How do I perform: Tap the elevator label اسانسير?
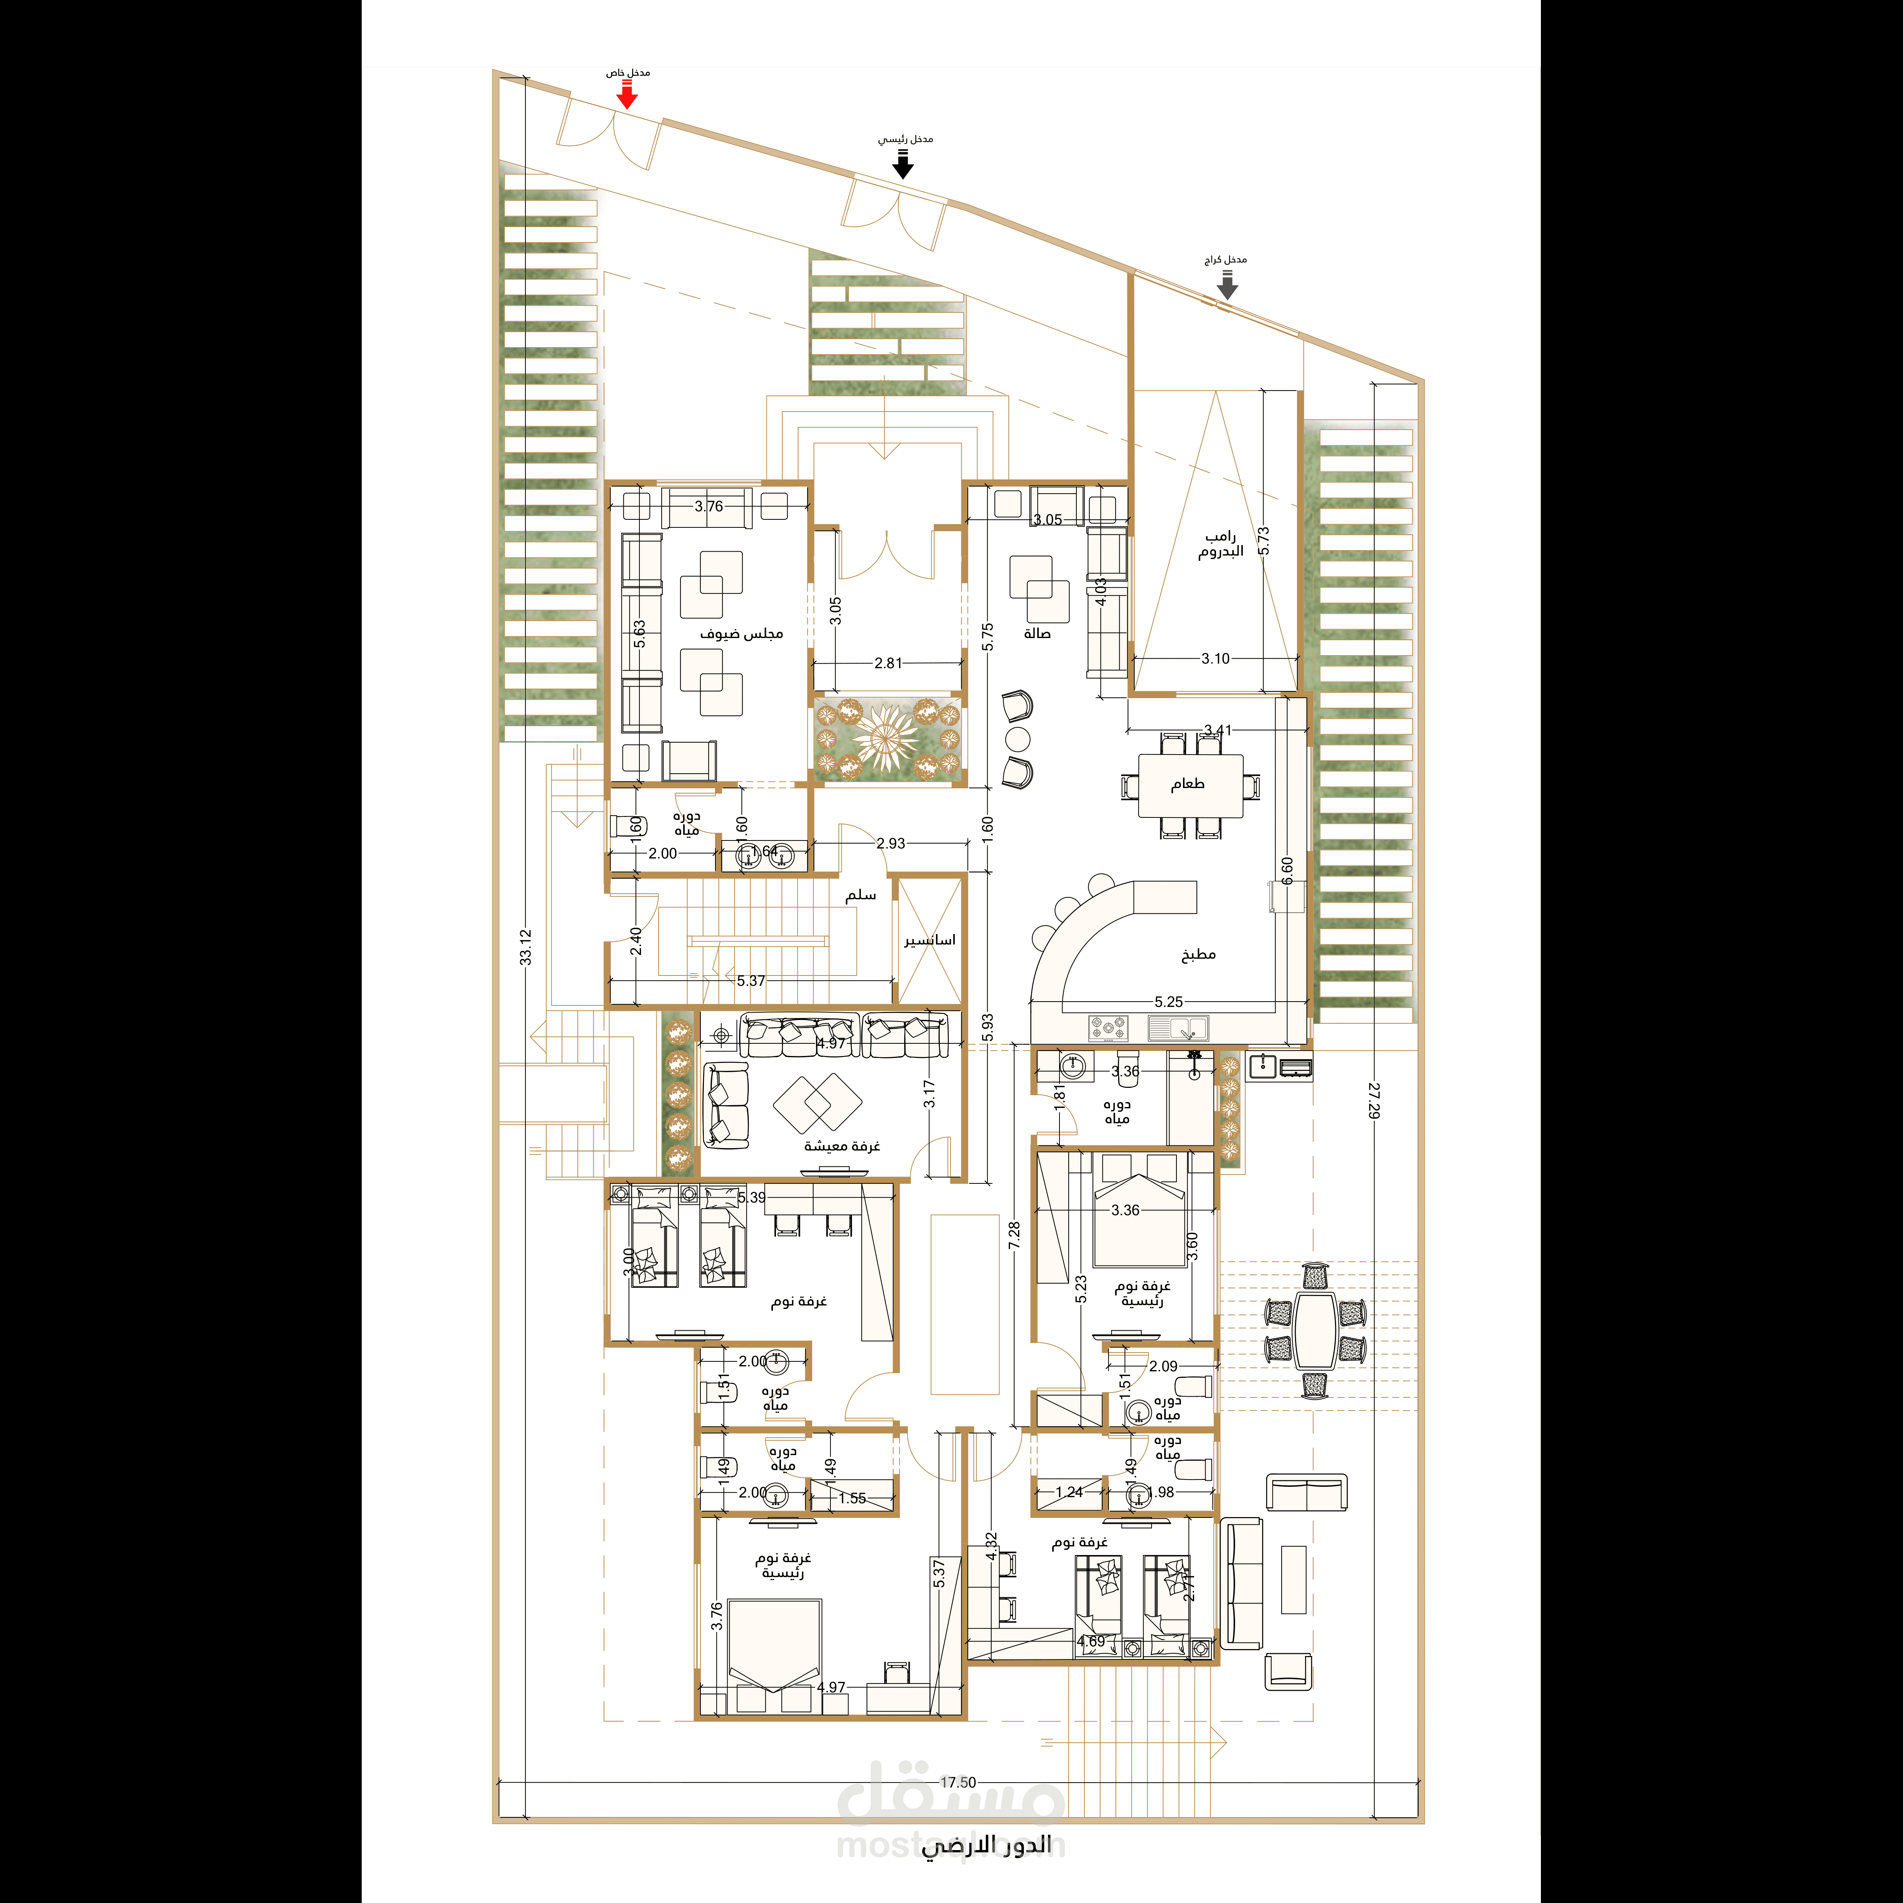[930, 941]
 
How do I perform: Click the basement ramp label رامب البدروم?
[1221, 544]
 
